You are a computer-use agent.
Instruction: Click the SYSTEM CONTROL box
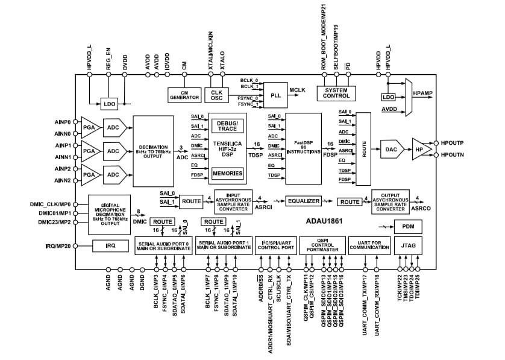[336, 93]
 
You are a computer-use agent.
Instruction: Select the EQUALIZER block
[303, 201]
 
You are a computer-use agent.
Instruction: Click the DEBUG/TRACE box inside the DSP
[227, 125]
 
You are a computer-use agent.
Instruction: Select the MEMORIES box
[227, 174]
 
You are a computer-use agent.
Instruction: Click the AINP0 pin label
[62, 121]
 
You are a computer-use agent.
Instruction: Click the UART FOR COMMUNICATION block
[363, 245]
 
